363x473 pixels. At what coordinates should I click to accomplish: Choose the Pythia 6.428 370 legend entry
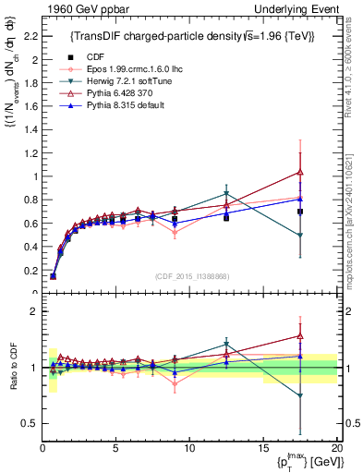click(112, 95)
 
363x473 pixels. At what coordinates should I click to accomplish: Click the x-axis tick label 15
click(262, 446)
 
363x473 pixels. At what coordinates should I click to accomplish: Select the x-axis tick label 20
click(336, 446)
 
